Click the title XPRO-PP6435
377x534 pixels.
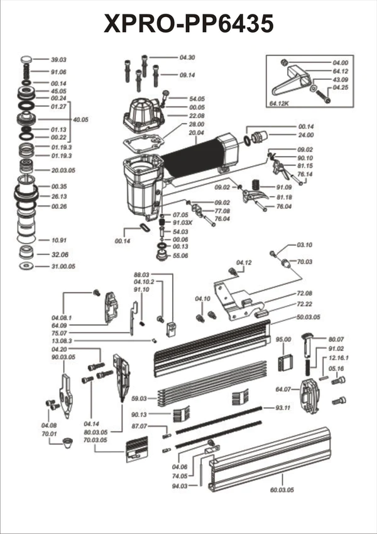click(x=188, y=23)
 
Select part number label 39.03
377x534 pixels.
click(x=59, y=59)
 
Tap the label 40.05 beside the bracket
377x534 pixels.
click(x=81, y=120)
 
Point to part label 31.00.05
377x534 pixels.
click(x=63, y=267)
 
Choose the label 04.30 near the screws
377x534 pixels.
click(x=187, y=57)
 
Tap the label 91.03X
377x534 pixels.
click(x=183, y=223)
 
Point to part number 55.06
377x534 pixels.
click(x=180, y=256)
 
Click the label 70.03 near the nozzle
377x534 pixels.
click(x=305, y=261)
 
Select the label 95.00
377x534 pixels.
click(x=283, y=340)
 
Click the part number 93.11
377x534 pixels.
click(x=283, y=408)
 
